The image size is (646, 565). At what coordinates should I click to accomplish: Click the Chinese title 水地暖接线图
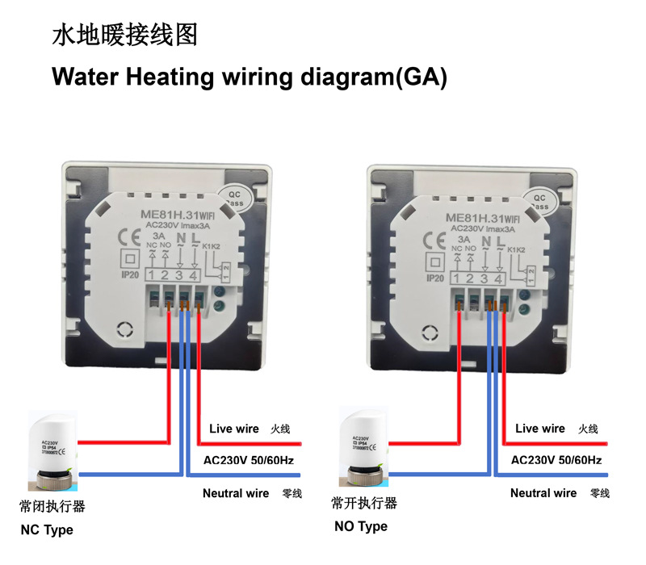(124, 36)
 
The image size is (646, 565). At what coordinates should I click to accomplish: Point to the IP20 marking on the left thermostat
(128, 276)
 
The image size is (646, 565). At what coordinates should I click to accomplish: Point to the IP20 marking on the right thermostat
(434, 278)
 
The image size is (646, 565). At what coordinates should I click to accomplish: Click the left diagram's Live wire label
(234, 429)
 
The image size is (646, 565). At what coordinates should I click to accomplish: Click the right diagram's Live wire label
(540, 429)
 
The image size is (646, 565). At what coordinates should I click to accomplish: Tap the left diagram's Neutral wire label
(236, 493)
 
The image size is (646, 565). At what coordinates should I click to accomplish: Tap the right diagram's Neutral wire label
(543, 493)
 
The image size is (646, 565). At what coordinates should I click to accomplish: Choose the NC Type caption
(47, 530)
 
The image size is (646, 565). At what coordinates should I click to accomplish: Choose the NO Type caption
(360, 526)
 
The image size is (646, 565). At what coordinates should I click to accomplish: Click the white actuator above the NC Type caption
(53, 452)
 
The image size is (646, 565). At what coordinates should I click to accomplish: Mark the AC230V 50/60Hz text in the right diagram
(557, 460)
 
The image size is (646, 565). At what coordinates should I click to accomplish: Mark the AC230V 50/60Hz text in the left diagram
(250, 461)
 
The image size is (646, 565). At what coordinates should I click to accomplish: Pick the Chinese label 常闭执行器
(52, 508)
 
